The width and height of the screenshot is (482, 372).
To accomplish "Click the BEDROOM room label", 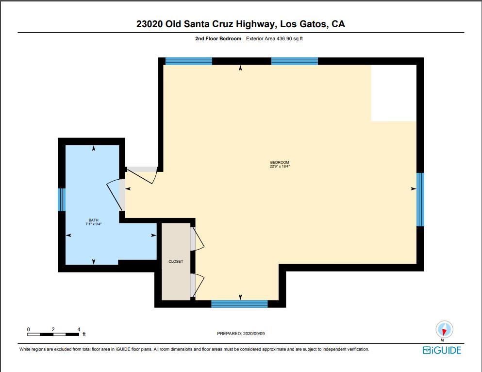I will coord(280,162).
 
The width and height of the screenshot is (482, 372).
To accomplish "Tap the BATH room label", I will coord(93,220).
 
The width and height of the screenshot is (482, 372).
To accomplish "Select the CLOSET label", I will coord(176,262).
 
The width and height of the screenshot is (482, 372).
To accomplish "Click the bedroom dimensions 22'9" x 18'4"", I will coord(280,166).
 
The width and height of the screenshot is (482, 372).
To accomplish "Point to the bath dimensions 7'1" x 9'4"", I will coord(93,224).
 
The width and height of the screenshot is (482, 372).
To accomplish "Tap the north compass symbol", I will coord(444,330).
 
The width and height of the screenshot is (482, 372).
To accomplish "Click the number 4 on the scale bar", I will coord(79,330).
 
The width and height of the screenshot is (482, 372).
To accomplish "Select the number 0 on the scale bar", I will coord(28,330).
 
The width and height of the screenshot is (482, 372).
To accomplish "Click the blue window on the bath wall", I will coord(62,200).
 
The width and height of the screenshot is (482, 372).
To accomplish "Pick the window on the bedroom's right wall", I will coord(420,200).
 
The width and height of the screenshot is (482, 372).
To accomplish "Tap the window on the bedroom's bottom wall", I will coord(239,304).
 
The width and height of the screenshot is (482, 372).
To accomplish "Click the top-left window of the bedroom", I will coord(189,61).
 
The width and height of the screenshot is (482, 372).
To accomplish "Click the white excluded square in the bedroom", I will coord(394,93).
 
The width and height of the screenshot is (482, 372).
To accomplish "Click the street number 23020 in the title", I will coord(150,24).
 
